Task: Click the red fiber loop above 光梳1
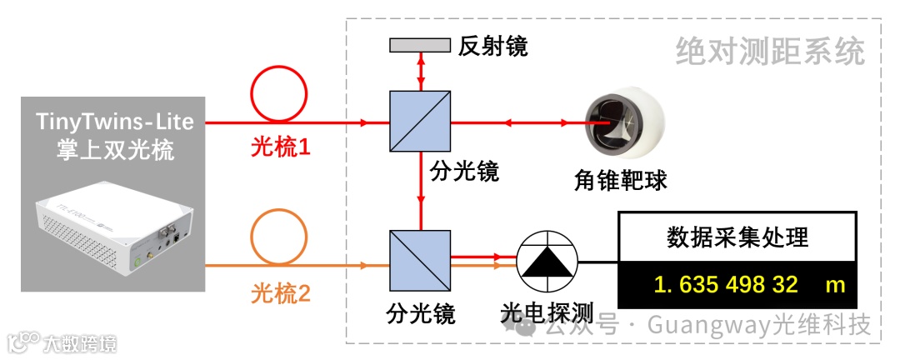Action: pos(280,94)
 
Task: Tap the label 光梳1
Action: pos(280,148)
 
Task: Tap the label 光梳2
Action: pos(280,294)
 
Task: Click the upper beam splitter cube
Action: pos(420,122)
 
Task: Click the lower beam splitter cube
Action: pos(420,260)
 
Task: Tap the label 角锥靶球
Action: pos(621,179)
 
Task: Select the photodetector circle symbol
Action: pos(547,260)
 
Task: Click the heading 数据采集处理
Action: pos(737,237)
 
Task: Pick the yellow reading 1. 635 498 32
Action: pos(727,285)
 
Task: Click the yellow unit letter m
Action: pos(835,285)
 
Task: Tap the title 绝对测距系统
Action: pos(770,52)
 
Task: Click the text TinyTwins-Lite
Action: pos(115,122)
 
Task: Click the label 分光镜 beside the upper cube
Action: pos(464,172)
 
